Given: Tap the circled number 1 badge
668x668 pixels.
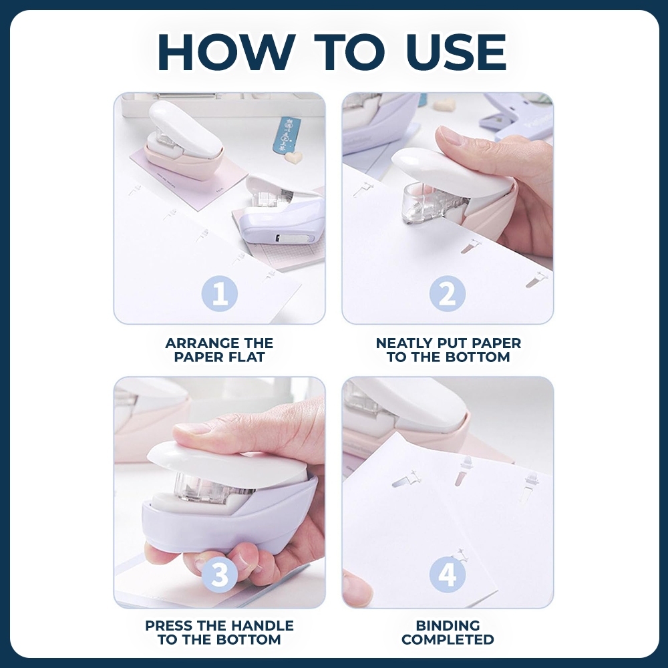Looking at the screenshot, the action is point(219,293).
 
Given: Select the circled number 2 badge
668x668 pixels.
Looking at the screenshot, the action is point(448,293).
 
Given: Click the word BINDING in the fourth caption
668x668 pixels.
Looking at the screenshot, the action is point(448,625).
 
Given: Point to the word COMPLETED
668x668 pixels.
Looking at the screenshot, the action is point(448,639).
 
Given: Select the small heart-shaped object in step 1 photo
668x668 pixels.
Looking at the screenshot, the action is point(293,158).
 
